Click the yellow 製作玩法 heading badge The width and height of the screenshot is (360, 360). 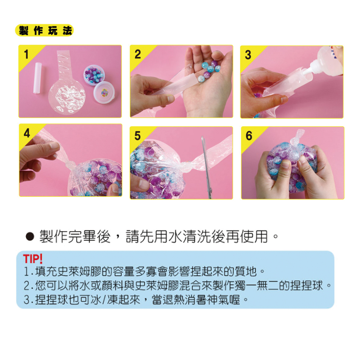click(x=44, y=30)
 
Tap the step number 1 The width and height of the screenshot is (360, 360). click(x=26, y=54)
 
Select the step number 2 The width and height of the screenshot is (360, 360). click(x=138, y=54)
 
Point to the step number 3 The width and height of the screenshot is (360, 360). click(x=248, y=55)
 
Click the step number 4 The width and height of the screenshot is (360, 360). click(x=27, y=133)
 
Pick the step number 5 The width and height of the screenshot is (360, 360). click(x=138, y=136)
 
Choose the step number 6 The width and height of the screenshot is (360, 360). click(x=249, y=136)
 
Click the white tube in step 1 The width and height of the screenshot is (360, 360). click(x=38, y=78)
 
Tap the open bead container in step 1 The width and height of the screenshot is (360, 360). click(x=94, y=75)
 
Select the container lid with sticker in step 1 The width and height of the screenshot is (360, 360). click(x=104, y=92)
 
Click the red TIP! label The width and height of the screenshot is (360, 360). click(x=33, y=259)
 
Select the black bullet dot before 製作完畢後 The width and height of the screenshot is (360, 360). click(x=30, y=237)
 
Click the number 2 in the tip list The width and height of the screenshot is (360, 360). click(x=27, y=286)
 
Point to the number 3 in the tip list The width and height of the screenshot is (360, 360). click(x=27, y=300)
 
